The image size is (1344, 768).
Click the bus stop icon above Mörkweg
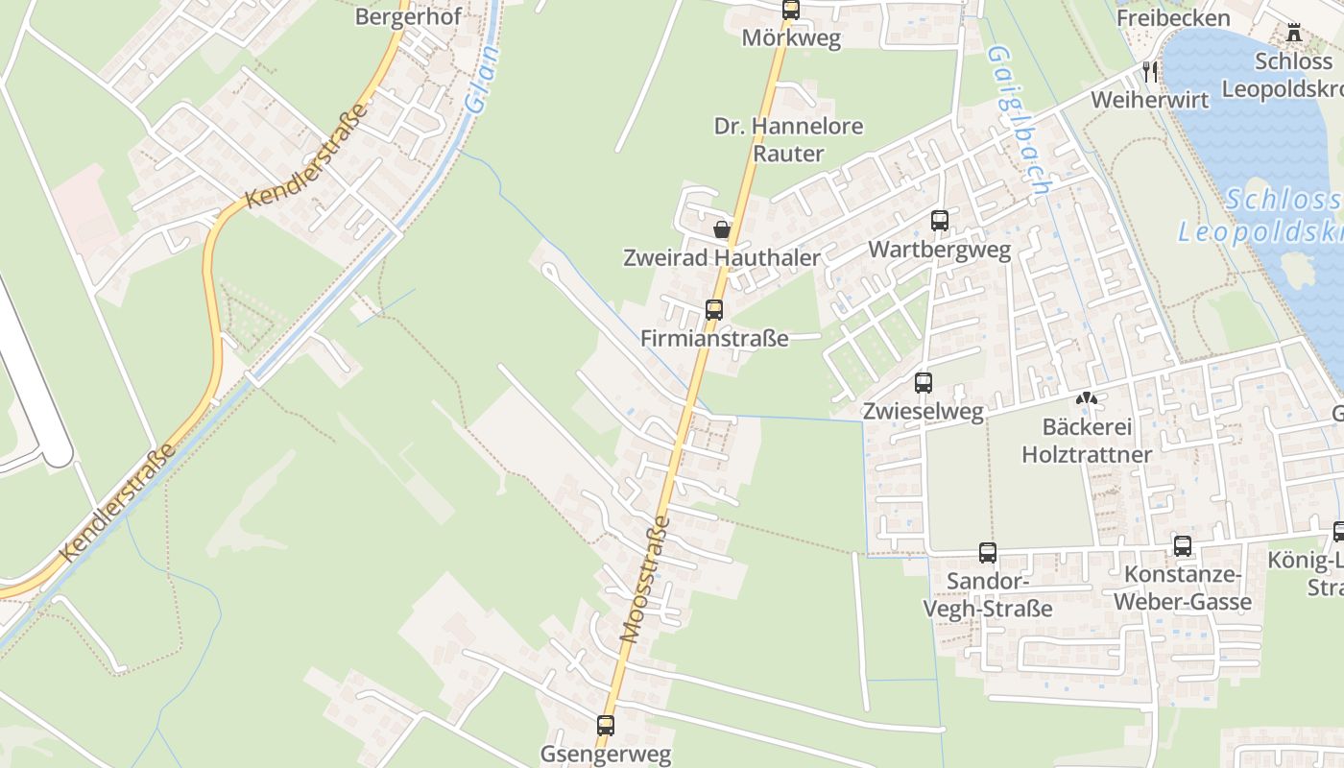point(790,10)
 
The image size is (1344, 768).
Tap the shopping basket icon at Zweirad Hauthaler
point(722,229)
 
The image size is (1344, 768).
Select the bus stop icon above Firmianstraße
point(713,309)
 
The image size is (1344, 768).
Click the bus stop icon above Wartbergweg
point(939,221)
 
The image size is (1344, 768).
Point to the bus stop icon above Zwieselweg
point(924,382)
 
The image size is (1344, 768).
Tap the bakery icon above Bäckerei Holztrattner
point(1086,397)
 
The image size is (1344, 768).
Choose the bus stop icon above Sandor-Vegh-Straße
point(987,552)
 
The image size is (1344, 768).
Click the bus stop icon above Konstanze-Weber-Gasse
point(1183,546)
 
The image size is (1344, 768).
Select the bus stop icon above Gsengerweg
point(605,725)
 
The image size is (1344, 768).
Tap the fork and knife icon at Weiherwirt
point(1150,71)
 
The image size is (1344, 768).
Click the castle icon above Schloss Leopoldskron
point(1294,33)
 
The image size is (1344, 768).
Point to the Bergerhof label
point(408,16)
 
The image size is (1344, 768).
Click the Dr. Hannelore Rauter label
point(788,140)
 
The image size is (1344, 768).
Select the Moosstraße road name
point(645,579)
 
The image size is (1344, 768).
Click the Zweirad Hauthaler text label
point(722,257)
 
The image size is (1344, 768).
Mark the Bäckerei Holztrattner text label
point(1087,441)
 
